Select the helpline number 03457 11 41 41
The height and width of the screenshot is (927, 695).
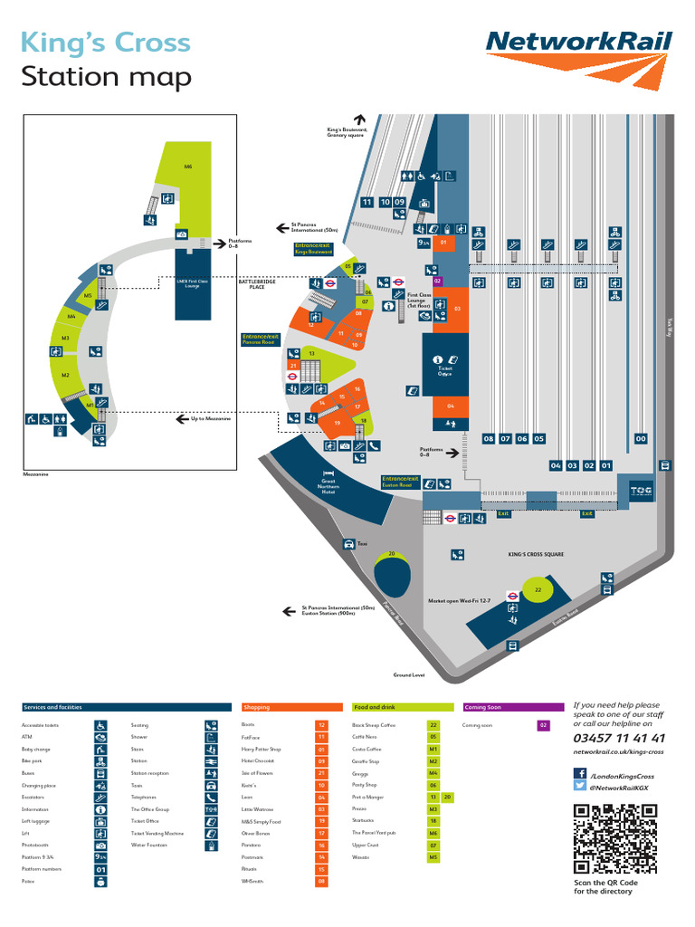coord(619,738)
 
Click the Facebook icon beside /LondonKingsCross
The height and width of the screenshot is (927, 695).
coord(580,773)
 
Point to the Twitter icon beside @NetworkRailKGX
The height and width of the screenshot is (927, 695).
coord(580,788)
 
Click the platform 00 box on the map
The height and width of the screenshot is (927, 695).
coord(641,438)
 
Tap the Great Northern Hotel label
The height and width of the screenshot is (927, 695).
coord(328,487)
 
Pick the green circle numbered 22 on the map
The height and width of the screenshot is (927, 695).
coord(538,589)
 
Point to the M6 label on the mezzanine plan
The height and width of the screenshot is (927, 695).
coord(188,167)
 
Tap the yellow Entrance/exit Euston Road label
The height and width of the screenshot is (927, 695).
coord(400,482)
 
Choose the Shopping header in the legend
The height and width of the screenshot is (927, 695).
coord(291,707)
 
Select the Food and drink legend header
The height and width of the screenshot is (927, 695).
coord(402,707)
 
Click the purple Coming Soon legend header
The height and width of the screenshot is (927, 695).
coord(512,707)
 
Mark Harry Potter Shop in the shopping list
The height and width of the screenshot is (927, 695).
coord(262,750)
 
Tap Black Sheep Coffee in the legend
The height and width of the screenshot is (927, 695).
coord(374,725)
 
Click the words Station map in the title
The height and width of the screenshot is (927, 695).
coord(107,78)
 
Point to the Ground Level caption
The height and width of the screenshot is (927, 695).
coord(409,675)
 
